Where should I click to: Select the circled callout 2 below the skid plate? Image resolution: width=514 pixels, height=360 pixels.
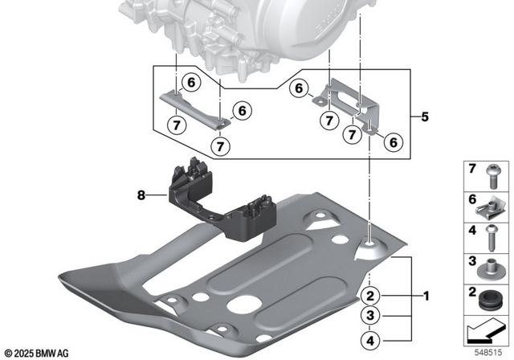[x=370, y=295]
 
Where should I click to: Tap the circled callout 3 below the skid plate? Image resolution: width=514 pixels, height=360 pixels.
[x=370, y=316]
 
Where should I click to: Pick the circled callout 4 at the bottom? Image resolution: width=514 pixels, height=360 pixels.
[x=370, y=338]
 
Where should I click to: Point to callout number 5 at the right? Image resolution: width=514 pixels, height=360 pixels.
[x=423, y=116]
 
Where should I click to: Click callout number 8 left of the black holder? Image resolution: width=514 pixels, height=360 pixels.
[x=141, y=194]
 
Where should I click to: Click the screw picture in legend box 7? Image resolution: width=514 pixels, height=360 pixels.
[x=490, y=177]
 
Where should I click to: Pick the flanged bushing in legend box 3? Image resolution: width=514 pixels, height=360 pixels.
[x=490, y=266]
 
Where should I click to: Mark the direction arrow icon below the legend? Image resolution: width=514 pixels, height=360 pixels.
[x=488, y=329]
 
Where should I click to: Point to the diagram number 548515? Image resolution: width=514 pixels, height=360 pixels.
[x=490, y=352]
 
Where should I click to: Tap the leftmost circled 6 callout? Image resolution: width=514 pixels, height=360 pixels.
[x=190, y=81]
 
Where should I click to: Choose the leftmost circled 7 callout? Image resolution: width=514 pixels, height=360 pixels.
[x=177, y=125]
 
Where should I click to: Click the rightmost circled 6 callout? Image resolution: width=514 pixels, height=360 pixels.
[x=393, y=142]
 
